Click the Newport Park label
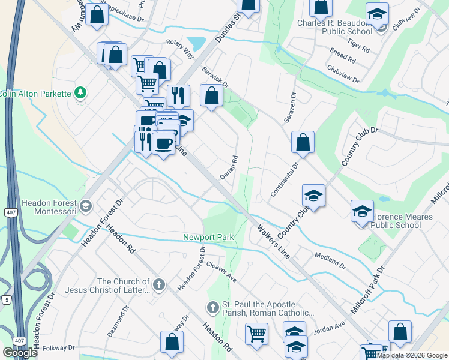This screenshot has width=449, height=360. (x=208, y=237)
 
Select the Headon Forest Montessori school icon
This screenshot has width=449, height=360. (x=85, y=206)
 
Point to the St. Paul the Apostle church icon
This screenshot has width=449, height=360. (x=212, y=308)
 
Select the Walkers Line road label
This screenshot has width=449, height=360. (x=273, y=241)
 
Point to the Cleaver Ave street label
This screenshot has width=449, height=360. (x=220, y=271)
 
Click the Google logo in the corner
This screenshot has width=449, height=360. (x=20, y=352)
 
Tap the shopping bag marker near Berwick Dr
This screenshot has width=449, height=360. (x=211, y=95)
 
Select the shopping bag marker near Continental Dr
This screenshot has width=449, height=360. (x=303, y=143)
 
